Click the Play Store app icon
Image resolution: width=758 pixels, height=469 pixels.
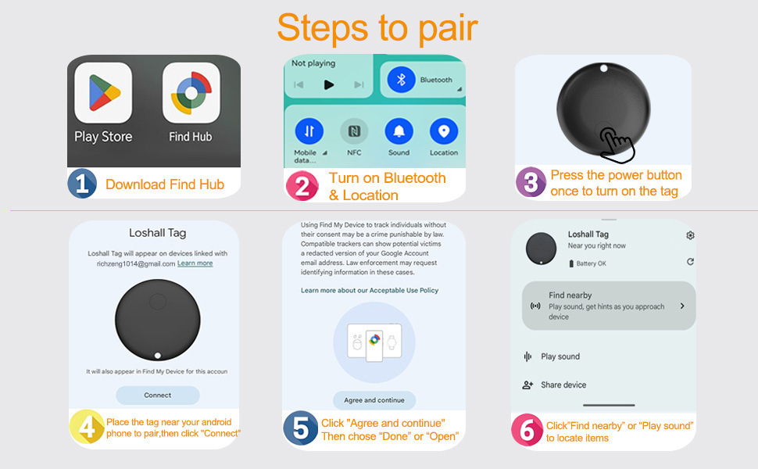103,93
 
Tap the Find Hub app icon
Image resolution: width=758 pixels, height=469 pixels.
190,93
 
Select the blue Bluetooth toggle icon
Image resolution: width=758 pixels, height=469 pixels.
402,80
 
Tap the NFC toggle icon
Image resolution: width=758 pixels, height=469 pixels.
354,131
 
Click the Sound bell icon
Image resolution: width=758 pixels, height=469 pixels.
399,131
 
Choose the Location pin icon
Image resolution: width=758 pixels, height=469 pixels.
444,131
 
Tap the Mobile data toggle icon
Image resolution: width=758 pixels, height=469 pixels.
309,131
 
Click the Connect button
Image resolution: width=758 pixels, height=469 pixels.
158,396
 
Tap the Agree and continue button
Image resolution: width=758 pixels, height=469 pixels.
374,400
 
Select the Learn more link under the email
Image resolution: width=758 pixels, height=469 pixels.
195,263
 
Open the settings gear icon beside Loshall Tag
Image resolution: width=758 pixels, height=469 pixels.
690,235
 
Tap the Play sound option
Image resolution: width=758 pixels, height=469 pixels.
560,356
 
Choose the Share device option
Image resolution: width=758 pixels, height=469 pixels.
563,385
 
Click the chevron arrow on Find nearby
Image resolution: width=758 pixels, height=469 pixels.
682,306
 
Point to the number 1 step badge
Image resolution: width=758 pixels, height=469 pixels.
82,184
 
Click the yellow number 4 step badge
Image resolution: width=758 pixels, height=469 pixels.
87,428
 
